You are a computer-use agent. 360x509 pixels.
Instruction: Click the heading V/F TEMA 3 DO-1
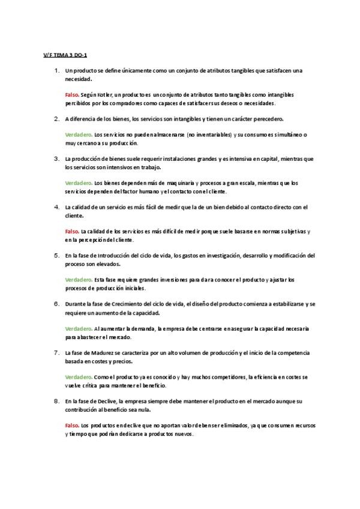pos(61,55)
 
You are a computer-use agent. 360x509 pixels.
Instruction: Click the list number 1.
pos(56,71)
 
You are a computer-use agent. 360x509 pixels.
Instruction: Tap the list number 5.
pos(56,255)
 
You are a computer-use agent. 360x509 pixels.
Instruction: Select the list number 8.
pos(56,400)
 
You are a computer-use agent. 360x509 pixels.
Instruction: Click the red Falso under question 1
pos(72,95)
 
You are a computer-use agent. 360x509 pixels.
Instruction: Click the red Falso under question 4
pos(72,231)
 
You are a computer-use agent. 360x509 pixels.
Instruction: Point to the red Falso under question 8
pos(72,425)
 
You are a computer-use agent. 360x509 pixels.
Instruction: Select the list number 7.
pos(56,352)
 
